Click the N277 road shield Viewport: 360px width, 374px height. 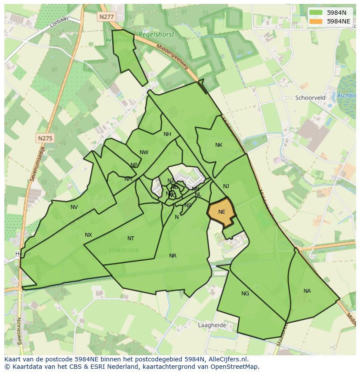point(106,17)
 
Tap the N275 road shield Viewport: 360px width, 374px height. point(45,138)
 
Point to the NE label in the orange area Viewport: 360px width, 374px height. point(222,212)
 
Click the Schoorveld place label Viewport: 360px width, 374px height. point(310,98)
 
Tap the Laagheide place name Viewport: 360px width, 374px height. point(212,325)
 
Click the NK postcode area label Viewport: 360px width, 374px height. point(219,145)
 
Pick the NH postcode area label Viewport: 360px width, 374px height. point(167,134)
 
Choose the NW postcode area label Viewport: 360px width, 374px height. point(144,152)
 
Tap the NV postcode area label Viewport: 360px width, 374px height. point(74,207)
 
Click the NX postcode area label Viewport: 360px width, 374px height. point(88,235)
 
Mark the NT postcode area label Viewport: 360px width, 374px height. point(131,238)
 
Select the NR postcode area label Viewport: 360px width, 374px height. point(173,256)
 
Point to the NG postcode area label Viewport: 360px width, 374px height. point(245,294)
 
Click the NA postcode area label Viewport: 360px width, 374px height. point(307,291)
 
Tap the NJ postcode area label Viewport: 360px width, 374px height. point(226,186)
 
